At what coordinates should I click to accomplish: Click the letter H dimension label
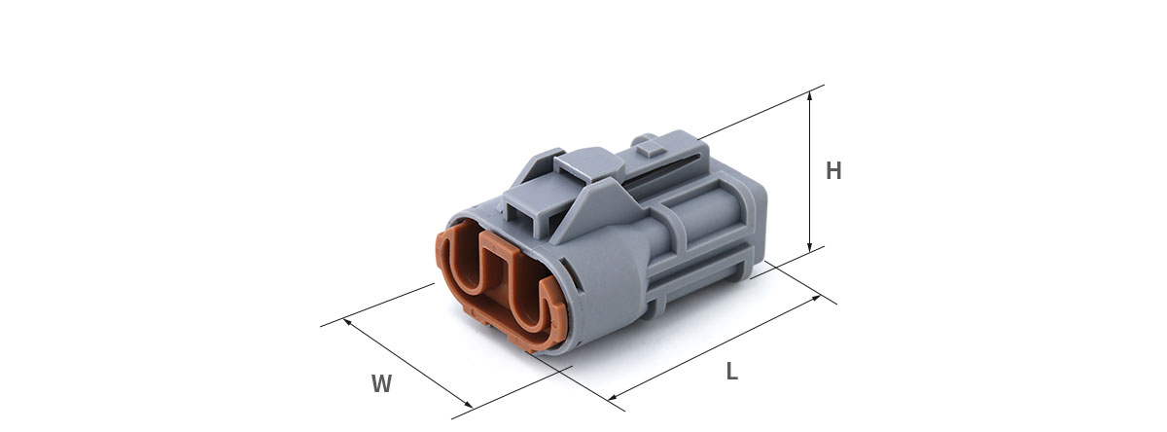(x=833, y=171)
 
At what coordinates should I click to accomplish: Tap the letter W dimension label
(x=381, y=383)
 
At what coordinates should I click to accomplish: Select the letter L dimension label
(x=732, y=372)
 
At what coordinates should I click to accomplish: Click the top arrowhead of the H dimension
(x=809, y=96)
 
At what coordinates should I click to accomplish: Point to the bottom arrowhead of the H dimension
(x=809, y=246)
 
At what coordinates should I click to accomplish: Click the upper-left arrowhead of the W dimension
(x=348, y=323)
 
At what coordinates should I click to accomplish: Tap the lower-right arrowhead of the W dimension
(x=469, y=404)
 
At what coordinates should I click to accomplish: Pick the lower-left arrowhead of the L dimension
(x=614, y=397)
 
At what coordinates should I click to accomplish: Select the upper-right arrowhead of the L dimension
(x=815, y=298)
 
